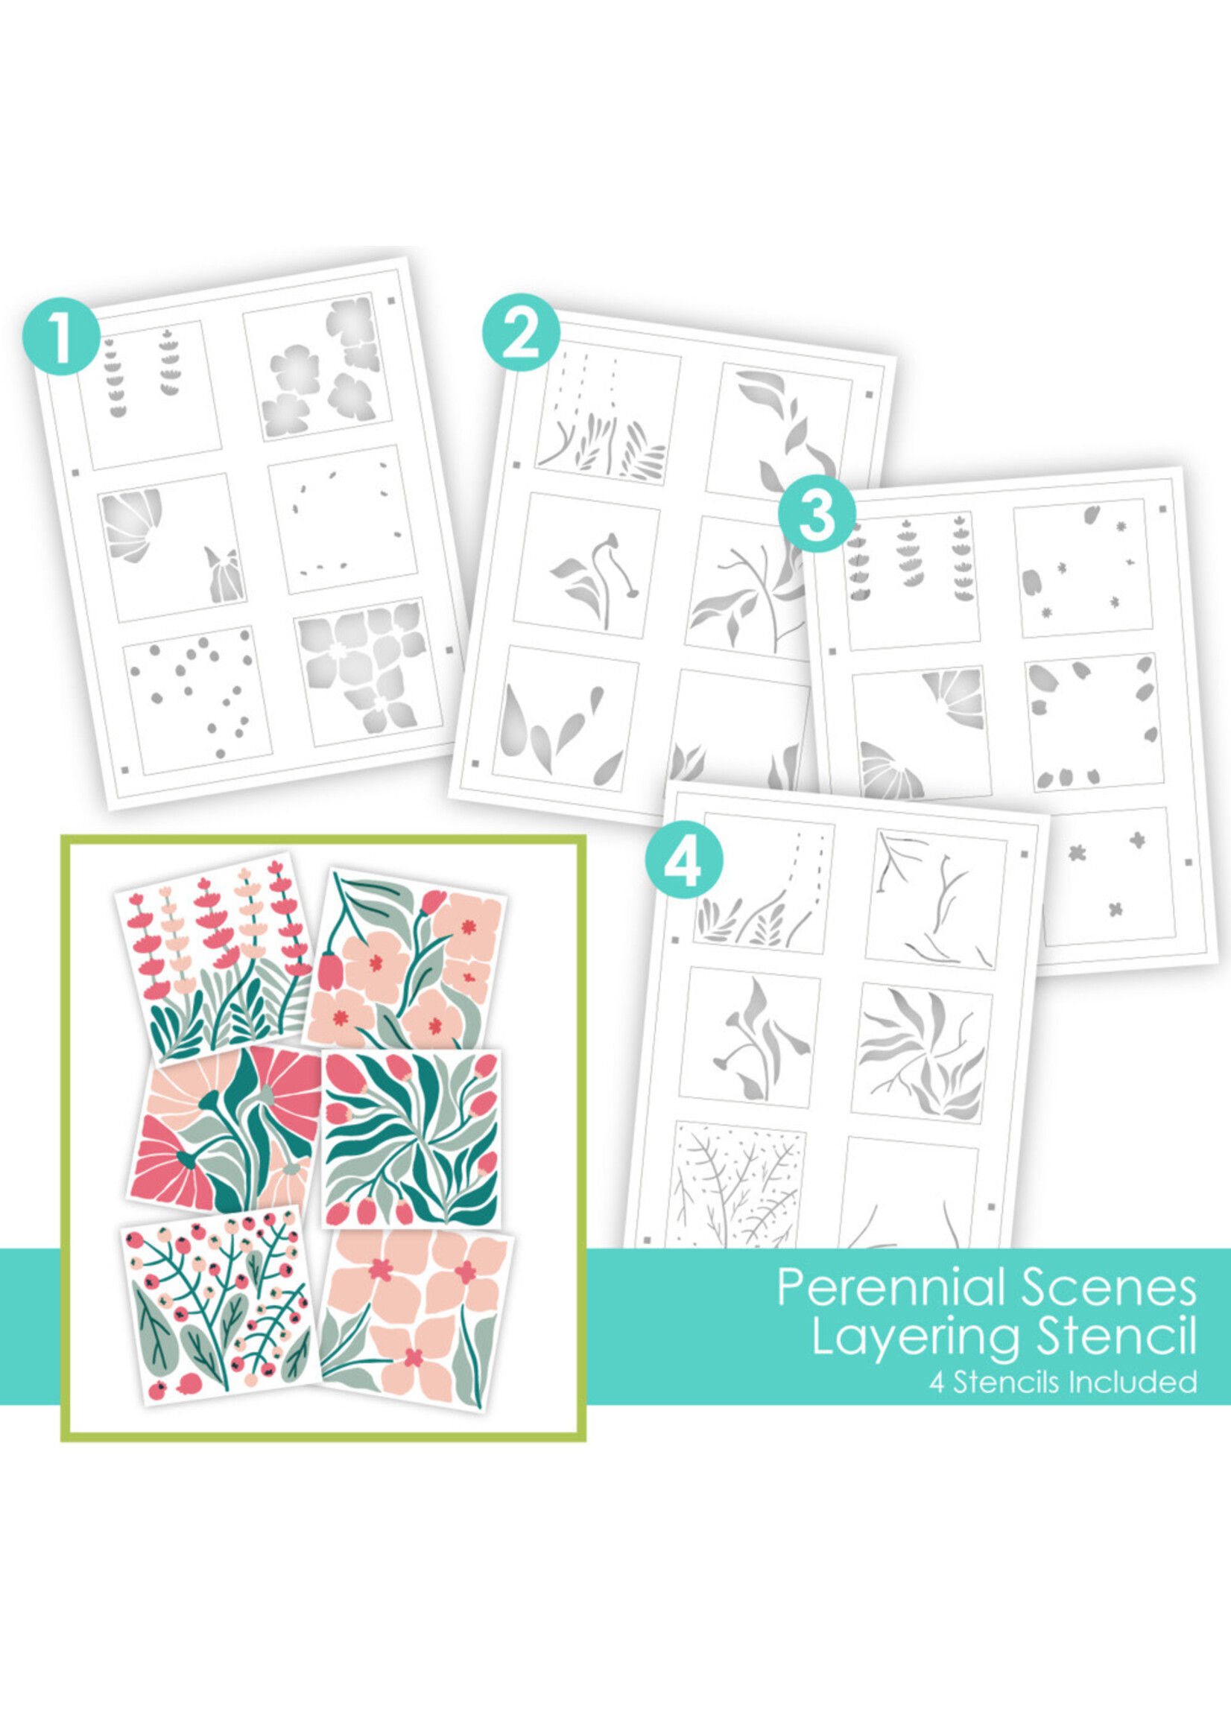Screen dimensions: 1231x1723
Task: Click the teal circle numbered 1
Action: point(61,338)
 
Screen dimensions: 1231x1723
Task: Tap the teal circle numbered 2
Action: point(522,333)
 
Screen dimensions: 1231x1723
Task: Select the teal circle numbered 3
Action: point(817,513)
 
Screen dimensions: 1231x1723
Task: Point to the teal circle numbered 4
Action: point(684,860)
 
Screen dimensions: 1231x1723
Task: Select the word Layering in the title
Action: point(917,1339)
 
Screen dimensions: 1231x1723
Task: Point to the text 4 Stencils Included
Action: point(1063,1383)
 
